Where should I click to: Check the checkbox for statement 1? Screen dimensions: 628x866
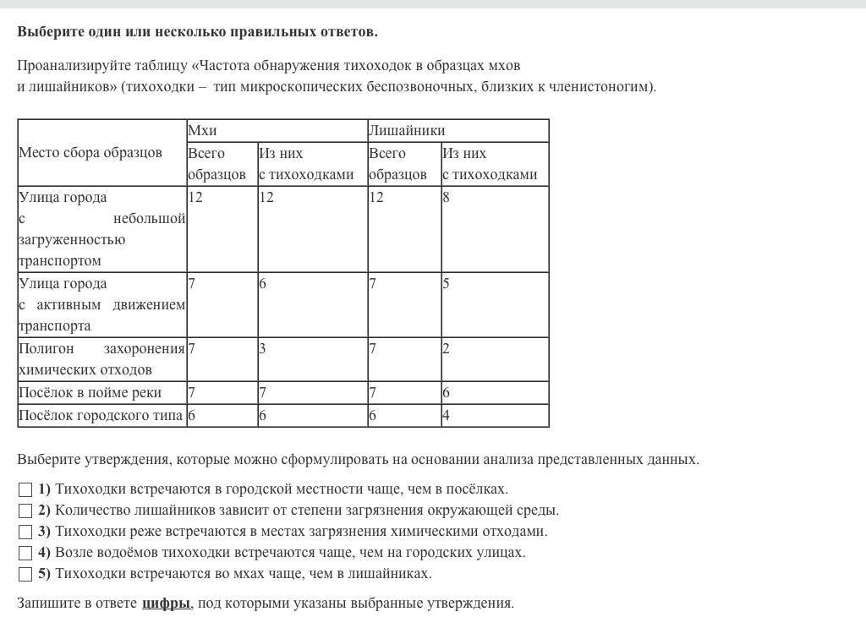coord(25,489)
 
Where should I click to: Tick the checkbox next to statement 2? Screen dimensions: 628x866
coord(25,511)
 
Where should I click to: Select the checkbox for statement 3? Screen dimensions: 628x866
coord(25,532)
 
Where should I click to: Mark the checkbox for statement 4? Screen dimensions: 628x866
coord(25,553)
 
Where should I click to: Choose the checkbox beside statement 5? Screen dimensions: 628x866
coord(25,574)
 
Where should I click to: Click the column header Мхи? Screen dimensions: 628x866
coord(202,130)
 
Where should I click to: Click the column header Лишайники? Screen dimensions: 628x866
coord(407,130)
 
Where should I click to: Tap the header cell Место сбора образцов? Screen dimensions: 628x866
coord(90,153)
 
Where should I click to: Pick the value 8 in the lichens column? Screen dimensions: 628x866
coord(446,198)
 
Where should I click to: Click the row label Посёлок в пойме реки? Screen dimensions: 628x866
coord(90,392)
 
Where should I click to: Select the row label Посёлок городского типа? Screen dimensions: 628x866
coord(101,415)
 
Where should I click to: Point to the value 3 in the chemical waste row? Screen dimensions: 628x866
coord(262,348)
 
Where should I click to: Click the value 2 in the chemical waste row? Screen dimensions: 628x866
coord(446,348)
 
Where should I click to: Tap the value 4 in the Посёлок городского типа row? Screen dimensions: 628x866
coord(446,415)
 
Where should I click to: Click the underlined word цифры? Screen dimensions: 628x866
coord(166,603)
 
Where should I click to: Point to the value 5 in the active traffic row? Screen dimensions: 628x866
coord(446,284)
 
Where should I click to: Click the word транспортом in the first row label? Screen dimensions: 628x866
coord(60,260)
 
